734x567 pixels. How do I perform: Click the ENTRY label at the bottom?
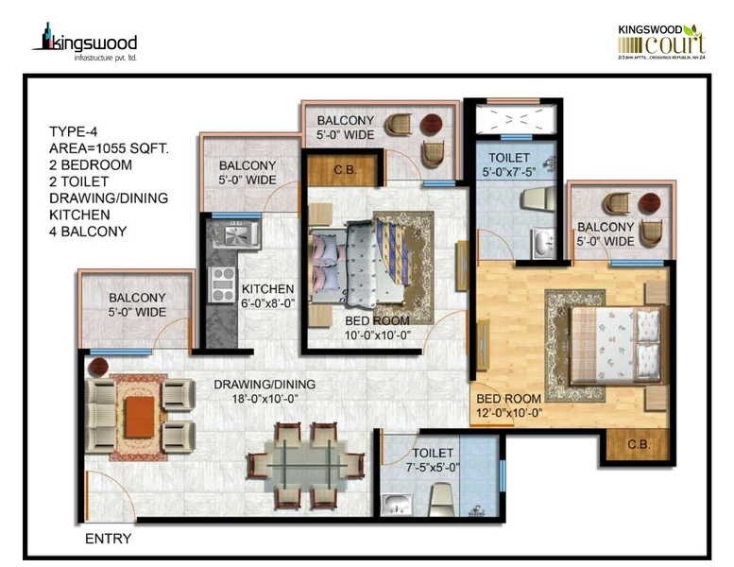pos(108,540)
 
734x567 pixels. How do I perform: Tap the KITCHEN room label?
pos(267,289)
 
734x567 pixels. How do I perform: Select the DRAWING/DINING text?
pos(265,385)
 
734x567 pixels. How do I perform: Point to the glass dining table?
pos(305,466)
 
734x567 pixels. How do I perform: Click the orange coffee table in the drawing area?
pos(139,417)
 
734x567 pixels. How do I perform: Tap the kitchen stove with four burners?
pos(223,283)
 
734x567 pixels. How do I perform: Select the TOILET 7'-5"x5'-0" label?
pos(432,460)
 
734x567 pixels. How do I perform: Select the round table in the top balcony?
pos(431,125)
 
